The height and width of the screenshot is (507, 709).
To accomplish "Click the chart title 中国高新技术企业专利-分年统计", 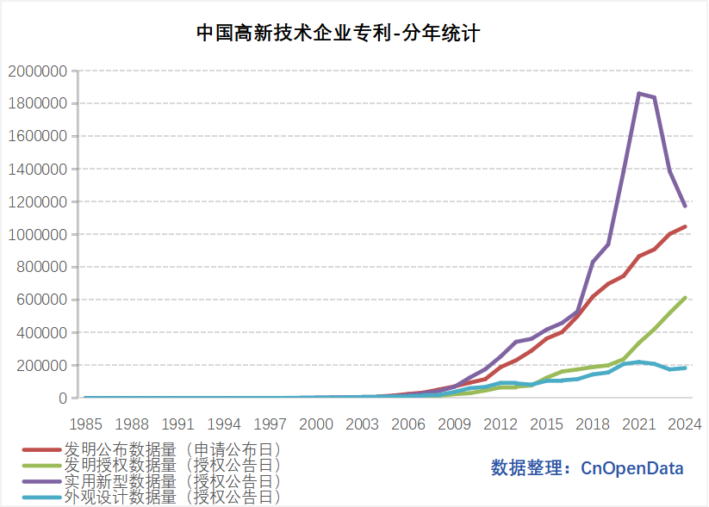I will (337, 34).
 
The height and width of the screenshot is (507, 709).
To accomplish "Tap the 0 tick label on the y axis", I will (62, 399).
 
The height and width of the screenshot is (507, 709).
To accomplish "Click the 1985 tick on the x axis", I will (85, 424).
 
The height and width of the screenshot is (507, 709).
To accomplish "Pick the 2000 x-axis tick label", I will (316, 424).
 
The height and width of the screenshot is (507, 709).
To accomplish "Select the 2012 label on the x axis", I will (501, 424).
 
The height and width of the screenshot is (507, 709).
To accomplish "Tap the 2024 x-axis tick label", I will (685, 424).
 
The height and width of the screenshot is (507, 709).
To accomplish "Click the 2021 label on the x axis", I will (638, 424).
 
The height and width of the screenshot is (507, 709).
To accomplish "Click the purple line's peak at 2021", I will (638, 93).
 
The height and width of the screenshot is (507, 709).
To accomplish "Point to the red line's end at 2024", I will (685, 227).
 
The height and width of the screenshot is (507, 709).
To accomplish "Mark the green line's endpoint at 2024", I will (685, 298).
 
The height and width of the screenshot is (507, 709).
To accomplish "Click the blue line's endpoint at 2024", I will (685, 368).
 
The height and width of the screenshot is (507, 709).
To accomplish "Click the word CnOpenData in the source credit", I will (632, 468).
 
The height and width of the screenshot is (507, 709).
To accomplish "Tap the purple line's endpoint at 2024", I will (685, 207).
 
